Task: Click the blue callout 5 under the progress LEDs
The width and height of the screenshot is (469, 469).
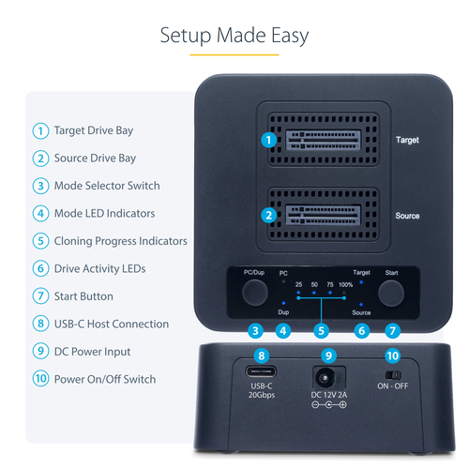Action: pyautogui.click(x=322, y=330)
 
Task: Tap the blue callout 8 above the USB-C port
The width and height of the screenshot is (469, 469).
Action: pyautogui.click(x=263, y=356)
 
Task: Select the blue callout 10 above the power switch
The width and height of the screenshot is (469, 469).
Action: pyautogui.click(x=393, y=356)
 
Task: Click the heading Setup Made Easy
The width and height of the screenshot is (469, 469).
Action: pyautogui.click(x=234, y=36)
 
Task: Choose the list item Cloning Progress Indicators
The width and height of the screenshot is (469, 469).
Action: pyautogui.click(x=120, y=241)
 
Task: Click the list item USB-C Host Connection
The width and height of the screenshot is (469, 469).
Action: pyautogui.click(x=112, y=325)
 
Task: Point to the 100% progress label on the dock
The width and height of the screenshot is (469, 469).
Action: pyautogui.click(x=346, y=284)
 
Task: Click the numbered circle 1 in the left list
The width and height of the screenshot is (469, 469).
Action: pyautogui.click(x=40, y=130)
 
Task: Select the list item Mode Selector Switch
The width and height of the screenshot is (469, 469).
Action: pyautogui.click(x=107, y=186)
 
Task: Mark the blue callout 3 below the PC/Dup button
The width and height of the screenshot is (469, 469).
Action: pyautogui.click(x=254, y=330)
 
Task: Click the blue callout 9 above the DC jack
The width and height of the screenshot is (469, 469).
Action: pyautogui.click(x=328, y=356)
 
